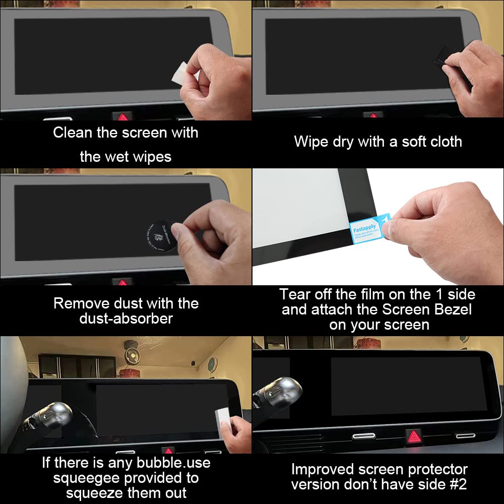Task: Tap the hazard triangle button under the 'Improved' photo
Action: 414,435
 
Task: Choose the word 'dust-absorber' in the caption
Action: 126,319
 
